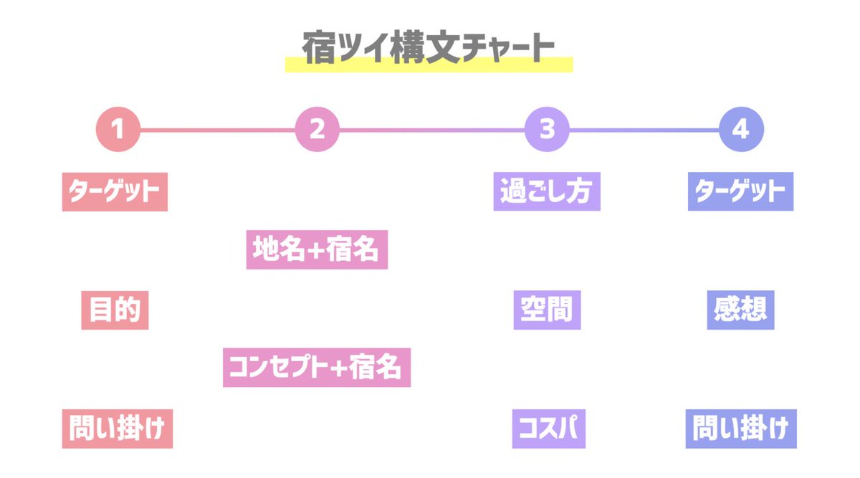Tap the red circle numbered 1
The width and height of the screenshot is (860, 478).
pyautogui.click(x=118, y=130)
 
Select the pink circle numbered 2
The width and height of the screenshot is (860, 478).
pyautogui.click(x=317, y=130)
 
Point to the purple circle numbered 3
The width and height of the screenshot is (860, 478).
pyautogui.click(x=547, y=130)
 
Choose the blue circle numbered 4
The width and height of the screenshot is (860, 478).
pyautogui.click(x=742, y=130)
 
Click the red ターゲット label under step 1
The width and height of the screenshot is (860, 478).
pyautogui.click(x=115, y=191)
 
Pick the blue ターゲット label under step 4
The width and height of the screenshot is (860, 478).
pyautogui.click(x=740, y=191)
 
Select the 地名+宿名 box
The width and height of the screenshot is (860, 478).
pyautogui.click(x=317, y=249)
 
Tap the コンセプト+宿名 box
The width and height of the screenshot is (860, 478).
pyautogui.click(x=317, y=368)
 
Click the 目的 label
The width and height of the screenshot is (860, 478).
pyautogui.click(x=115, y=310)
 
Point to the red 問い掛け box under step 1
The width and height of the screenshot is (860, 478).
pyautogui.click(x=118, y=429)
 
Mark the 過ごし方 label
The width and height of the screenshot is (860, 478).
pyautogui.click(x=547, y=191)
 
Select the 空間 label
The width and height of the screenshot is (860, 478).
pyautogui.click(x=547, y=310)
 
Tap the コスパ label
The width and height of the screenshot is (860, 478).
pyautogui.click(x=548, y=429)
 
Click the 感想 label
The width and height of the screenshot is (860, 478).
pyautogui.click(x=740, y=310)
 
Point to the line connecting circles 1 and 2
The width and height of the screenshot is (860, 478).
pyautogui.click(x=217, y=130)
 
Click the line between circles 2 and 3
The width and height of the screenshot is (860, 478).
pyautogui.click(x=431, y=130)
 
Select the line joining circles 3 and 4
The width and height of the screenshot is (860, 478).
pyautogui.click(x=644, y=130)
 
